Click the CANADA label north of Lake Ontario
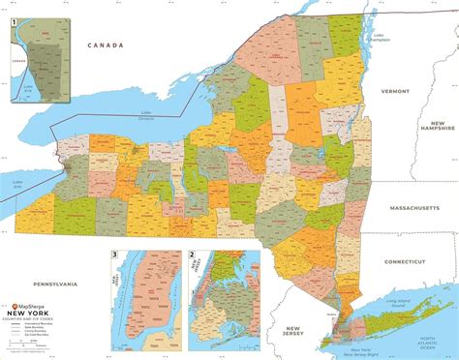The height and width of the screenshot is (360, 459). point(105,45)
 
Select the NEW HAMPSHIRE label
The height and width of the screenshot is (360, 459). point(437,128)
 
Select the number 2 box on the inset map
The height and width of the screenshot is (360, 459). point(193,255)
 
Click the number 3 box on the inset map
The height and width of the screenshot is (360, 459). point(116,255)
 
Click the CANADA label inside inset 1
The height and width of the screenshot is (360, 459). point(16,55)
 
